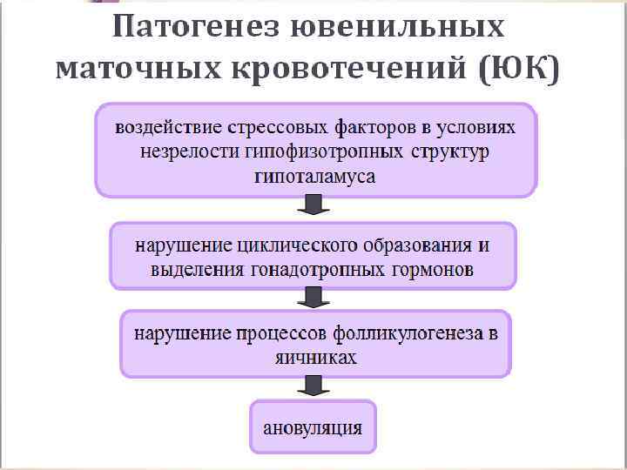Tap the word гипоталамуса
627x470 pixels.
point(315,177)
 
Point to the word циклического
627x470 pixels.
point(287,245)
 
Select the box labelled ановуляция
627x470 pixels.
point(313,427)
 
